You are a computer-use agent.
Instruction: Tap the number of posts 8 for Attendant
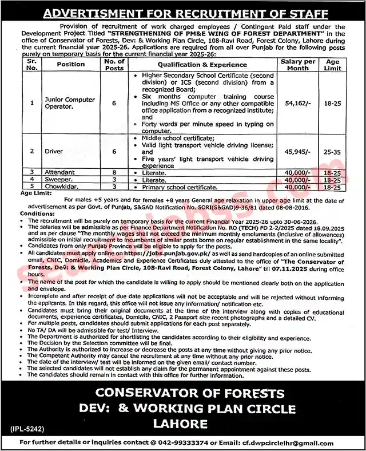tap(114, 172)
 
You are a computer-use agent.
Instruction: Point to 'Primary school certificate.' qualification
tap(174, 187)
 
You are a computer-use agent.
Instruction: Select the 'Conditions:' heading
tap(38, 213)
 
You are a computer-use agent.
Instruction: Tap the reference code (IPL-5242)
tap(27, 428)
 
